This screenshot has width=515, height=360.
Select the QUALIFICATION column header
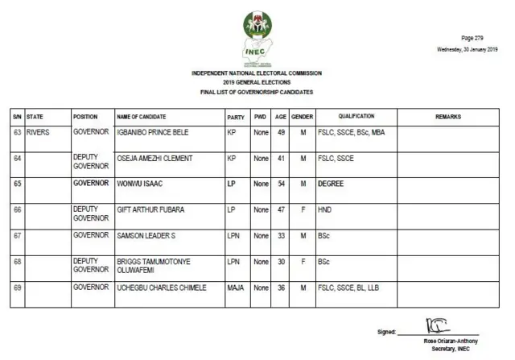pyautogui.click(x=356, y=116)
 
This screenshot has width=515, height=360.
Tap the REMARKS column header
pyautogui.click(x=448, y=116)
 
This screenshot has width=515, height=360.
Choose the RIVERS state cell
pyautogui.click(x=39, y=131)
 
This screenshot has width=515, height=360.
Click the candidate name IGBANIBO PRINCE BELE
pyautogui.click(x=155, y=131)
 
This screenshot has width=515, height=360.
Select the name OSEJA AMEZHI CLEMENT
pyautogui.click(x=154, y=158)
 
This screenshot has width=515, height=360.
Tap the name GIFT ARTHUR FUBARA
pyautogui.click(x=151, y=209)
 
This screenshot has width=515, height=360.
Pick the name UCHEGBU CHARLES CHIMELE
pyautogui.click(x=162, y=287)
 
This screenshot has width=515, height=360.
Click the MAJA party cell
pyautogui.click(x=235, y=287)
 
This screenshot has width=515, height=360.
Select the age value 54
pyautogui.click(x=281, y=184)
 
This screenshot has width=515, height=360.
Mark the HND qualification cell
pyautogui.click(x=324, y=209)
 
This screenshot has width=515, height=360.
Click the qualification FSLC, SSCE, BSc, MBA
pyautogui.click(x=352, y=131)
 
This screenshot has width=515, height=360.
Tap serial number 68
pyautogui.click(x=17, y=261)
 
